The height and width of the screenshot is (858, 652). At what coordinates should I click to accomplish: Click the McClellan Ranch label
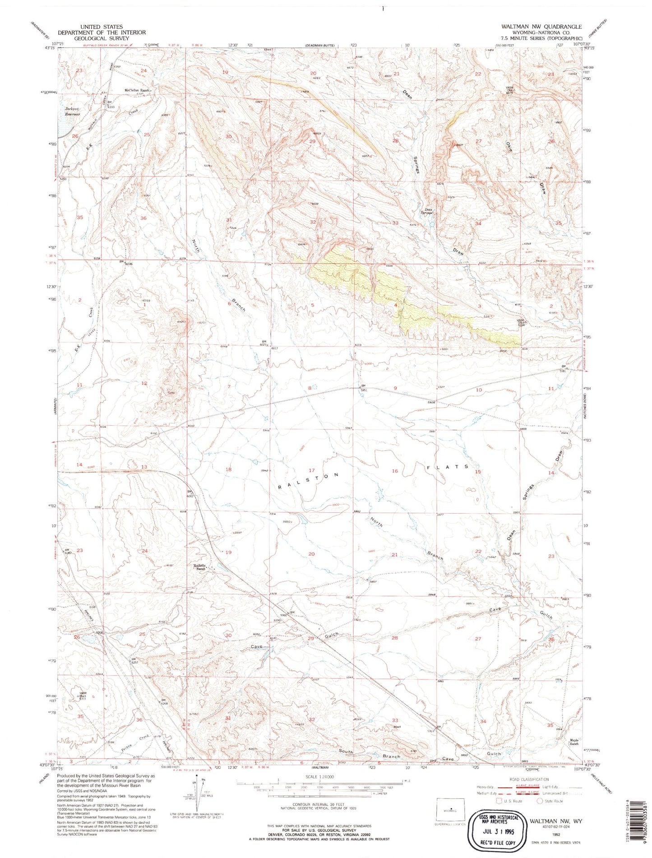tap(137, 90)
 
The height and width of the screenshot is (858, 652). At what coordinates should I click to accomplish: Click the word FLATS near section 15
tap(449, 468)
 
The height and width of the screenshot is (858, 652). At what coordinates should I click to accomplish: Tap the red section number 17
tap(311, 470)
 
